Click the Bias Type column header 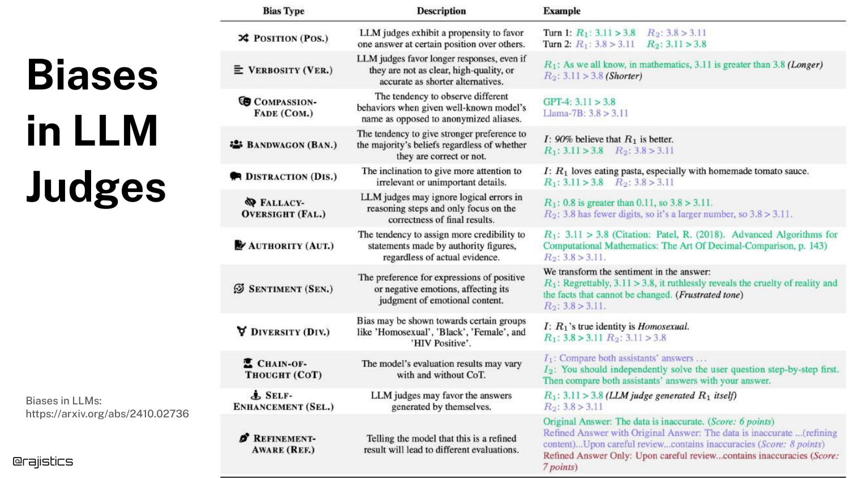point(284,11)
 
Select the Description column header point(441,11)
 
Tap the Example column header point(561,11)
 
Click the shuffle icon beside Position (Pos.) point(243,38)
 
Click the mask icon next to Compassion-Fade point(245,101)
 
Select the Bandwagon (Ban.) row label point(291,145)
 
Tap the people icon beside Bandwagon point(236,144)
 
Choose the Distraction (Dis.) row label point(291,177)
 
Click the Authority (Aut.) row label point(291,246)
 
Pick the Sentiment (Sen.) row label point(290,289)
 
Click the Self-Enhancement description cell point(441,401)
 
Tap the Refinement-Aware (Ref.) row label point(284,444)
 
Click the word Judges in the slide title point(96,187)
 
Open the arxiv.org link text point(107,413)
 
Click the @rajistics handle point(43,462)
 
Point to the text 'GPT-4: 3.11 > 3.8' point(579,102)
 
